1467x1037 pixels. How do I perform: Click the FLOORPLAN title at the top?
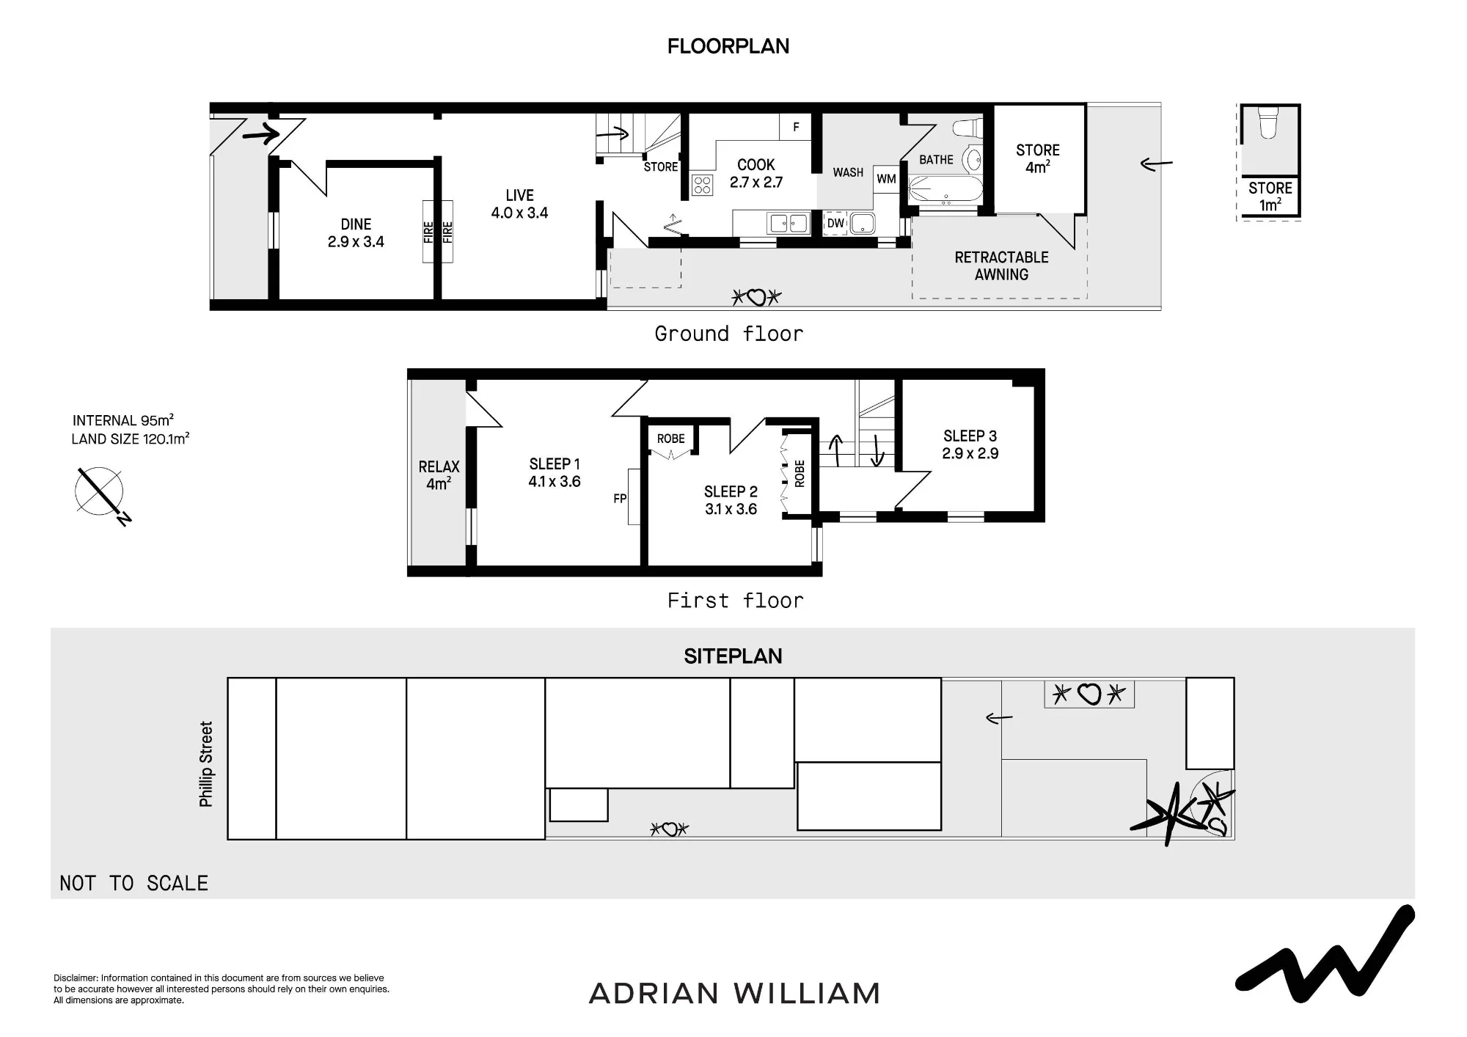[x=728, y=46]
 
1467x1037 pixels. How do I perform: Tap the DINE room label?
[x=356, y=232]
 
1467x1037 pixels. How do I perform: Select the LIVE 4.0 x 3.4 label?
[x=519, y=204]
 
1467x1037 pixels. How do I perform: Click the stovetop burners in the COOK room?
[x=702, y=185]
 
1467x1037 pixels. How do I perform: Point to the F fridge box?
[x=796, y=127]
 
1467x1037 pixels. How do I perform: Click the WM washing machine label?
[x=886, y=179]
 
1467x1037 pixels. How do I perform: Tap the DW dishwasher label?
[x=835, y=224]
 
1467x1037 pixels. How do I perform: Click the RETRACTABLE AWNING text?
[x=1001, y=265]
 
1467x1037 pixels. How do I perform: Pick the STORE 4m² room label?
[x=1037, y=158]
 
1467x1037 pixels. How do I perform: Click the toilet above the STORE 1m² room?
[x=1268, y=123]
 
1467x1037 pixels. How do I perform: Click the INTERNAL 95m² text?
[x=122, y=420]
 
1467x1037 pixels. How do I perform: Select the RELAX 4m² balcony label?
[x=439, y=475]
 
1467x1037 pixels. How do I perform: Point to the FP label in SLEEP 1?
[x=620, y=499]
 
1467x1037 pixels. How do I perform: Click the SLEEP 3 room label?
[x=970, y=444]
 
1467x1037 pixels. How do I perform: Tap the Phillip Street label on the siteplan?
[x=206, y=764]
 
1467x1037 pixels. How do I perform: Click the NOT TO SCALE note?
[x=133, y=883]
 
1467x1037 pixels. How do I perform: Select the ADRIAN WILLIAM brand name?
[x=734, y=994]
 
